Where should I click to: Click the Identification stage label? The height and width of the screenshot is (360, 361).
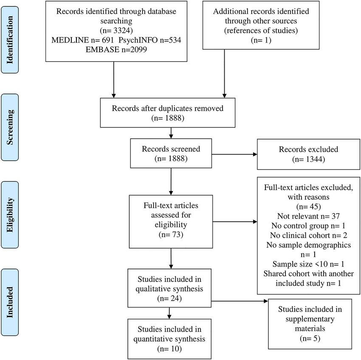[x=10, y=40]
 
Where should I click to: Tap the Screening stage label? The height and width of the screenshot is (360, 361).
[x=10, y=127]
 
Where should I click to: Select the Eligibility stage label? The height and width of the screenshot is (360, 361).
[x=10, y=215]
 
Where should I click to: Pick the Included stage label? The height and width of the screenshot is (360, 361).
[x=10, y=302]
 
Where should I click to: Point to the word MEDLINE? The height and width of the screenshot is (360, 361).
[x=70, y=40]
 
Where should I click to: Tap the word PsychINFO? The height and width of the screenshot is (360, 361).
[x=138, y=40]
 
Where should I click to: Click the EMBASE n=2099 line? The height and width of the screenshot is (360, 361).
[x=116, y=50]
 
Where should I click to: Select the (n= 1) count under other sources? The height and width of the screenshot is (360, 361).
[x=261, y=40]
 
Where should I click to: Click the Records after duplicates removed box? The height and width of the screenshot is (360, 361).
[x=168, y=113]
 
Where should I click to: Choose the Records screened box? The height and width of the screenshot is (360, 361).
[x=171, y=153]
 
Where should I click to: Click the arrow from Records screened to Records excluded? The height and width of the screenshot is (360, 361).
[x=234, y=154]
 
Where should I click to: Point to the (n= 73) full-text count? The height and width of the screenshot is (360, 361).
[x=171, y=234]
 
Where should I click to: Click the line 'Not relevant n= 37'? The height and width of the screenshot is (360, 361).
[x=308, y=216]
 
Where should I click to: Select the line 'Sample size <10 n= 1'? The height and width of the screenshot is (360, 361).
[x=308, y=264]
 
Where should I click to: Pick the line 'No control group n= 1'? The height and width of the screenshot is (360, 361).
[x=308, y=226]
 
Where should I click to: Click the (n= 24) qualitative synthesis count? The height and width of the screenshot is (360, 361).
[x=169, y=298]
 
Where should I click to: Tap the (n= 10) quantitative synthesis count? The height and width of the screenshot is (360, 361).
[x=169, y=349]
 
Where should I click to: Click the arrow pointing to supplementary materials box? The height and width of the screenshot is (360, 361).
[x=240, y=301]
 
